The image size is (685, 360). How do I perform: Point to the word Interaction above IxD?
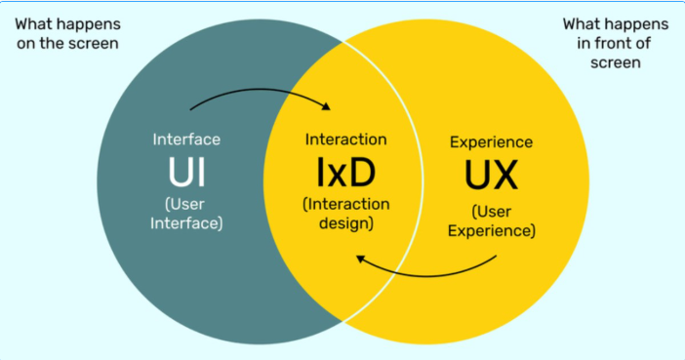345,140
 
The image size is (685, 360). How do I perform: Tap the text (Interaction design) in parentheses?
345,213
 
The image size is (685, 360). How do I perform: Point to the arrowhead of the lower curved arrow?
361,258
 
